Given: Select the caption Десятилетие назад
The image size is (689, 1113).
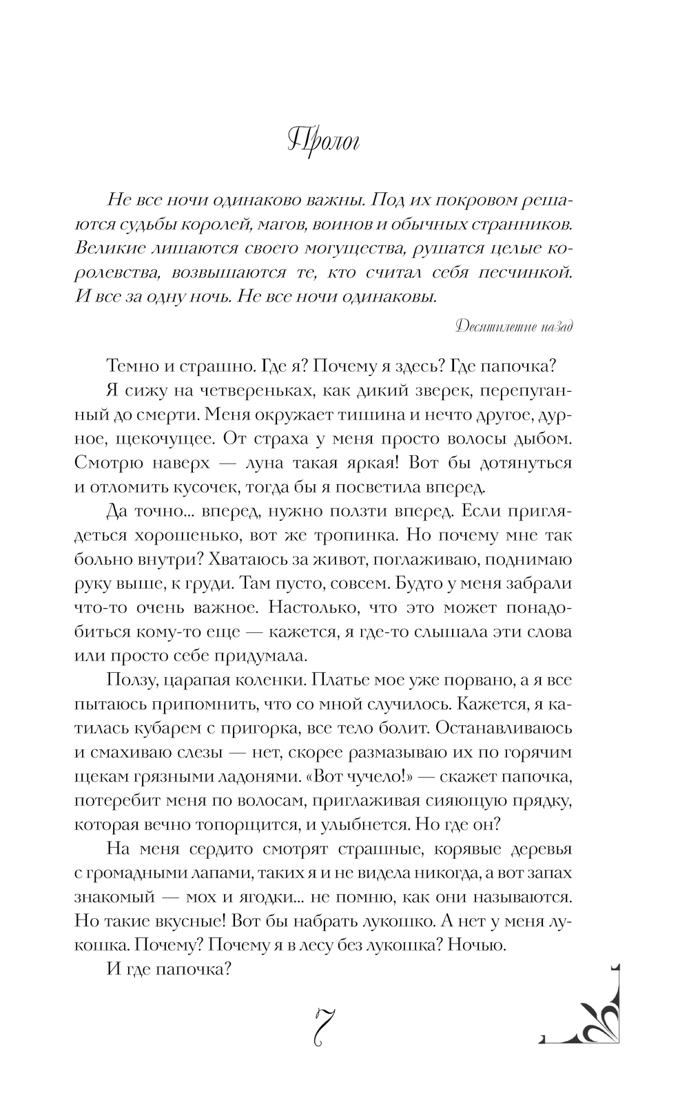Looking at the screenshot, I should pos(515,327).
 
